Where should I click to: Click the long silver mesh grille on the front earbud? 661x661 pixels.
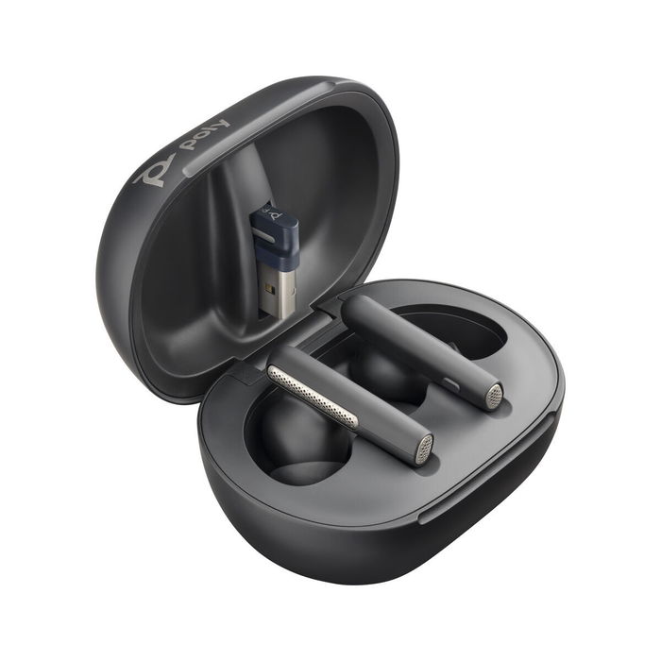pyautogui.click(x=313, y=396)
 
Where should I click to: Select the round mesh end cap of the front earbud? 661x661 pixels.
pyautogui.click(x=424, y=449)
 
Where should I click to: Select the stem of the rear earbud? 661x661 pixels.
pyautogui.click(x=415, y=345)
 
